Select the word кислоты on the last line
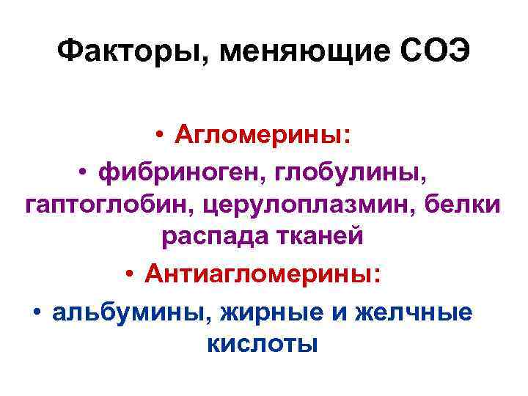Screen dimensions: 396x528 263,342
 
